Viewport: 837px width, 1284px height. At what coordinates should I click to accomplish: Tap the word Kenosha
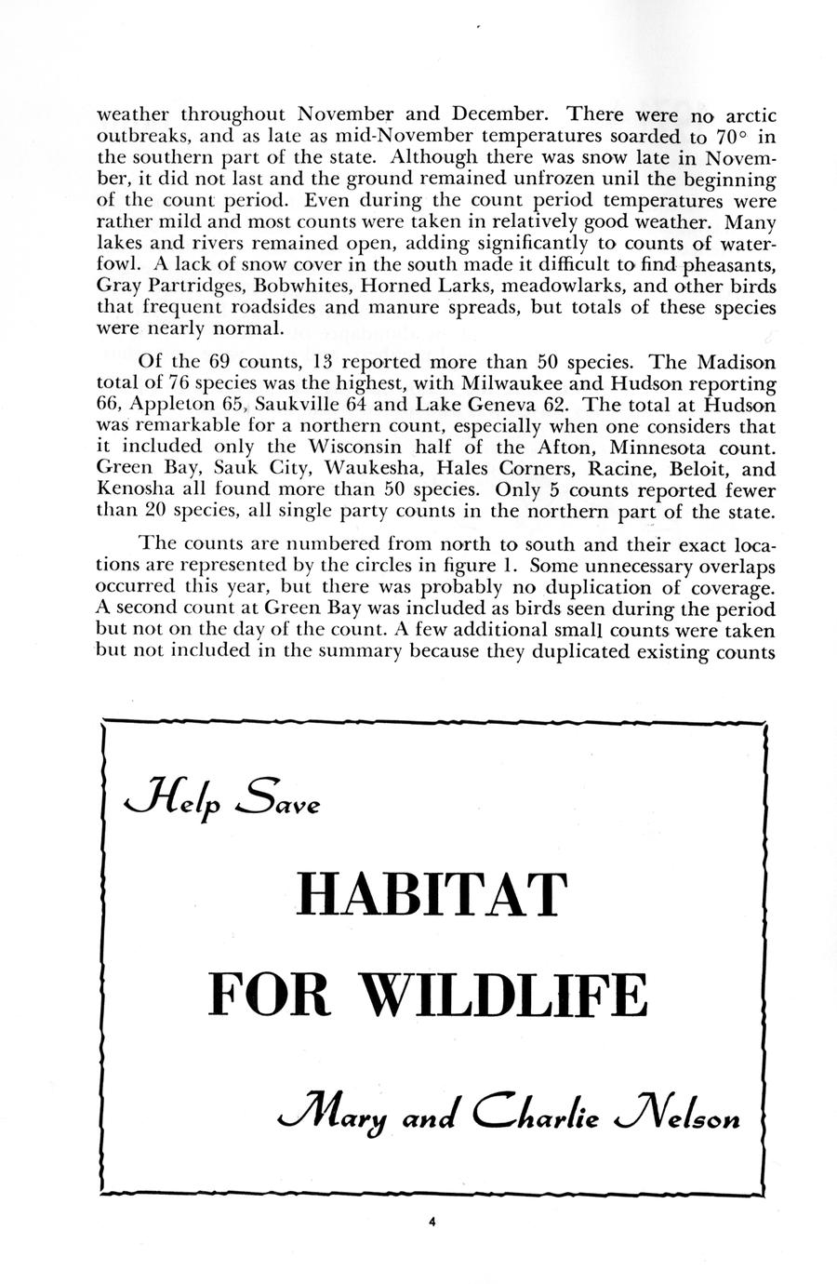pyautogui.click(x=134, y=488)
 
